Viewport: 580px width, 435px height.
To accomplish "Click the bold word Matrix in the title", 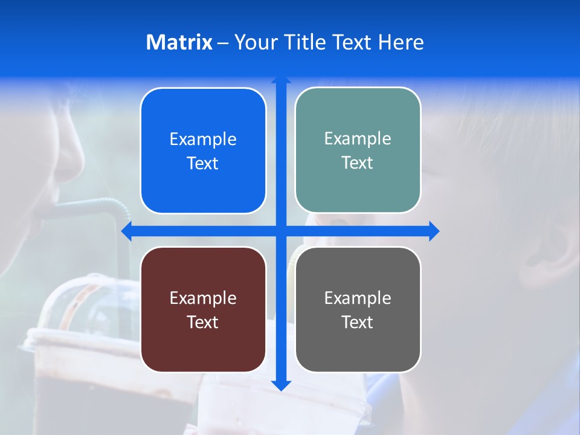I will click(x=179, y=42).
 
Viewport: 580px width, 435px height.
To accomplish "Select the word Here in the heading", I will click(x=401, y=42).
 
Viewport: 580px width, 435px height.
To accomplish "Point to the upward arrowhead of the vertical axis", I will click(x=281, y=80).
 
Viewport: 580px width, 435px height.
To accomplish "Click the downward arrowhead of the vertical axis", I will click(x=281, y=385).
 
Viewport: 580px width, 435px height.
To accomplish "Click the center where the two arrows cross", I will click(x=281, y=231).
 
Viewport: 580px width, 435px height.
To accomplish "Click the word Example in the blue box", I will click(x=203, y=139).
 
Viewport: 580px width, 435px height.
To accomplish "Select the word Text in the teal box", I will click(x=358, y=163).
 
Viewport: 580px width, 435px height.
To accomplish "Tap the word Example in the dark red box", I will click(x=203, y=298).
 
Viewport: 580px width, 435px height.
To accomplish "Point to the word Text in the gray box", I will click(x=358, y=322).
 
